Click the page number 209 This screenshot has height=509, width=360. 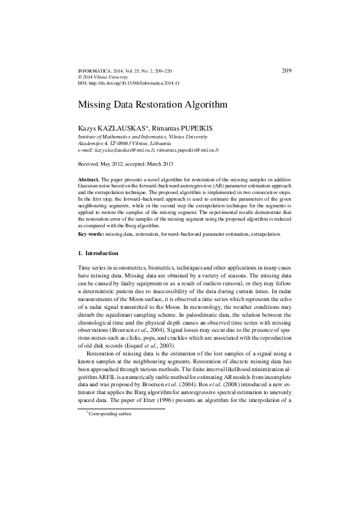tap(287, 70)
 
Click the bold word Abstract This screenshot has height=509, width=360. tap(89, 181)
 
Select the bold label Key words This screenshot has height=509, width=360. tap(91, 233)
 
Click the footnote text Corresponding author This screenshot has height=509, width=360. tap(111, 414)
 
